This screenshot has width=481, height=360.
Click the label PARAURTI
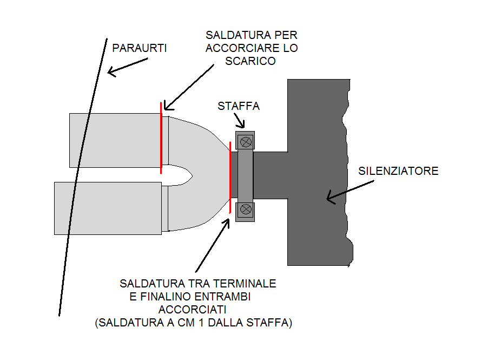tap(139, 48)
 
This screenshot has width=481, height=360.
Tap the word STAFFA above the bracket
tap(239, 106)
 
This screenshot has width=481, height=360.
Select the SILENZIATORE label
tap(398, 171)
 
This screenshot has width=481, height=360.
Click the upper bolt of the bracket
tap(246, 142)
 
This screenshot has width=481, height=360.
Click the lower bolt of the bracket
tap(246, 209)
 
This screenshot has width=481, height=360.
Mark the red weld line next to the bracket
tap(230, 178)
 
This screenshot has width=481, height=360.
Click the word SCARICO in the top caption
tap(251, 61)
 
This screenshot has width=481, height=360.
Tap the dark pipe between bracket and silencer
tap(271, 175)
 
